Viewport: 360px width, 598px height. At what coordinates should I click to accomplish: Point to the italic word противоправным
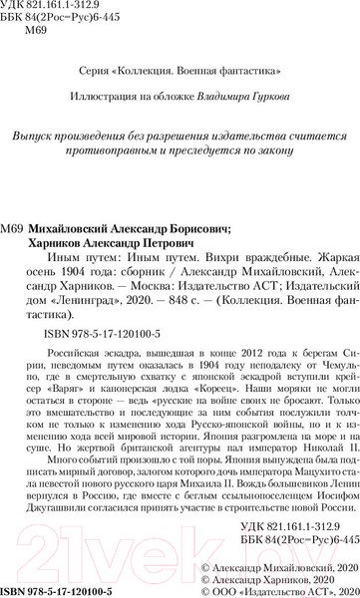(115, 152)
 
